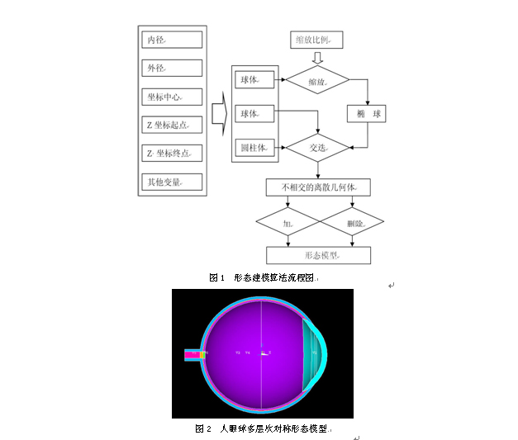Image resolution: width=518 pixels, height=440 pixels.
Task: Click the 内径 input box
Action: coord(171,40)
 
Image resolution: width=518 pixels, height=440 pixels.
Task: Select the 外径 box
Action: coord(171,68)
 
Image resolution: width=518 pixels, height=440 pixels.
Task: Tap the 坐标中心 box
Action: coord(171,97)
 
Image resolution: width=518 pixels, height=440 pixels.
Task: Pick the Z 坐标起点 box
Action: coord(171,125)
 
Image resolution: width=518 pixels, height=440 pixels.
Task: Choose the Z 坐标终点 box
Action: coord(171,154)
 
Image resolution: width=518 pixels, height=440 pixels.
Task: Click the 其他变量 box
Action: coord(171,182)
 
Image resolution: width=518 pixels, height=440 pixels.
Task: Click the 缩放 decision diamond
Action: coord(317,80)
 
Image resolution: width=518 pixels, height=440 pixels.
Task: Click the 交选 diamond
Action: coord(317,148)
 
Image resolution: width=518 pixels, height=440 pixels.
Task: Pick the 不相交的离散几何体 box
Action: coord(317,187)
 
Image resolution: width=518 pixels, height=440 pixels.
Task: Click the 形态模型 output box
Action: coord(317,255)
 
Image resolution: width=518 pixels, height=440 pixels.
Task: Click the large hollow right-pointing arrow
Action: coord(218,113)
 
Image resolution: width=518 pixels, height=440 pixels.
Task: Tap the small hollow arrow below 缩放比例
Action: coord(317,59)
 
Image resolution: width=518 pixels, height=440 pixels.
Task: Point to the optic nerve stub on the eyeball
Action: coord(193,355)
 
